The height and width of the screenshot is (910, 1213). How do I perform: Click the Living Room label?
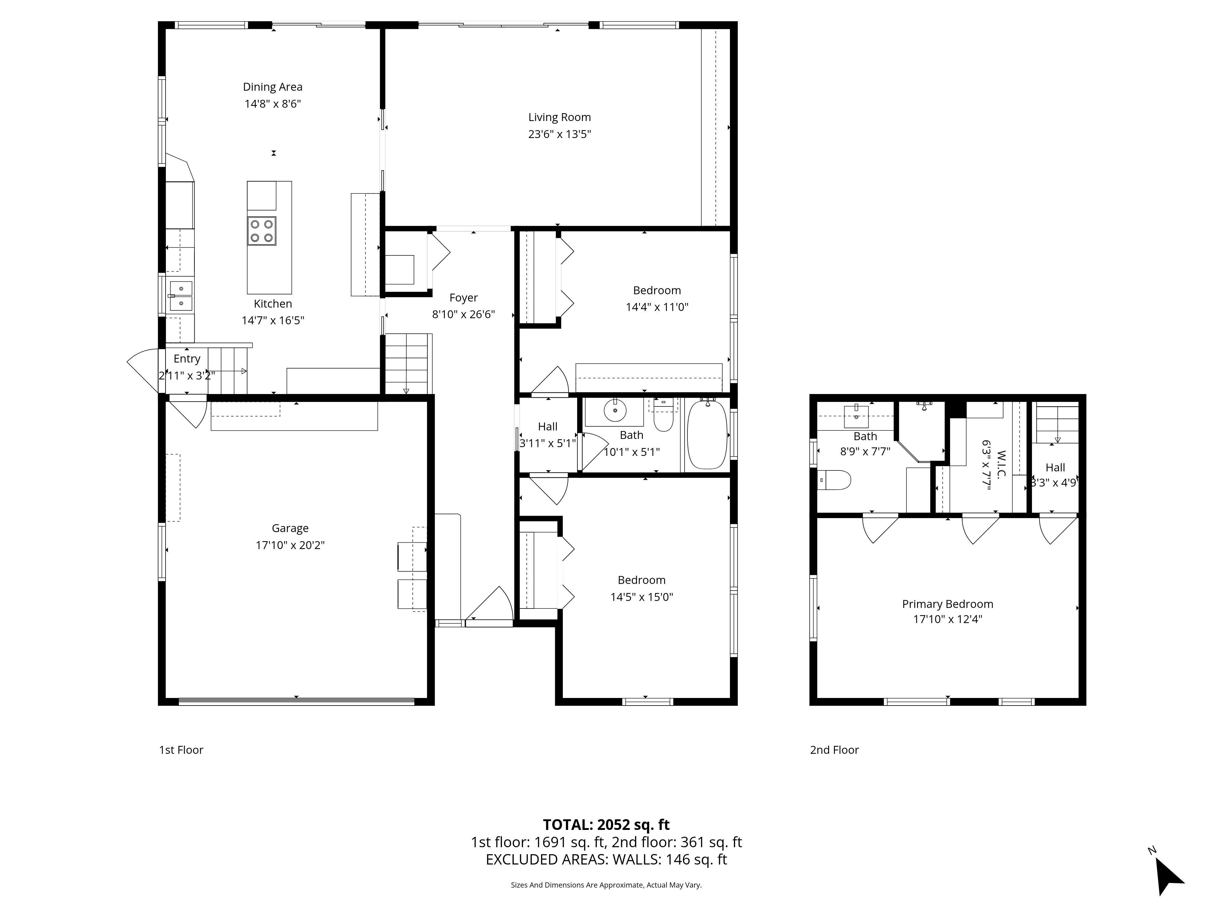coord(559,117)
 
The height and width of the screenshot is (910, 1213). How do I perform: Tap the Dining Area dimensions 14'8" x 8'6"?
coord(273,104)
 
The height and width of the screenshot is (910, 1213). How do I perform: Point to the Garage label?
coord(290,528)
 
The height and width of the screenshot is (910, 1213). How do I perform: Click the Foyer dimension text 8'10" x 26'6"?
coord(463,314)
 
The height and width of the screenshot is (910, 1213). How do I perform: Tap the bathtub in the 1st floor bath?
coord(707,434)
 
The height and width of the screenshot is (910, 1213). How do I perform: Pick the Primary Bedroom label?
coord(948,604)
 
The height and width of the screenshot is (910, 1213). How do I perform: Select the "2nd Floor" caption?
coord(834,750)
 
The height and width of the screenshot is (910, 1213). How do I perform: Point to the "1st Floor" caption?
coord(181,750)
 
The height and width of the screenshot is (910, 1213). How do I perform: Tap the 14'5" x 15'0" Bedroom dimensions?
coord(642,597)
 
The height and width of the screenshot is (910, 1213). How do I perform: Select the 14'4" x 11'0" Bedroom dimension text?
coord(657,307)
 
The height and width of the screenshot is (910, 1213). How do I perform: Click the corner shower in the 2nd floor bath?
coord(921,431)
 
